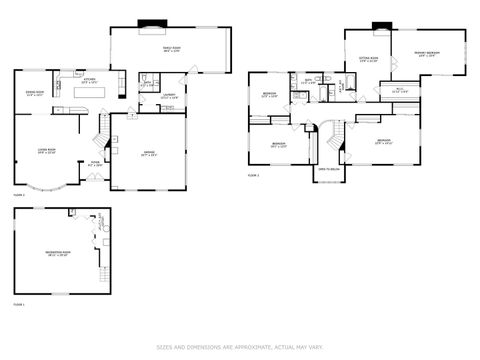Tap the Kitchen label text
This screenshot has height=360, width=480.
[x=89, y=80]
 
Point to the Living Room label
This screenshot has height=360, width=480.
[x=46, y=151]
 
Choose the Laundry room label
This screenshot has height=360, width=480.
[x=168, y=97]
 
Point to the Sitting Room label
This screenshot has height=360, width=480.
[x=369, y=59]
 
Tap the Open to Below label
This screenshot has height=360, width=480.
[x=327, y=169]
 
